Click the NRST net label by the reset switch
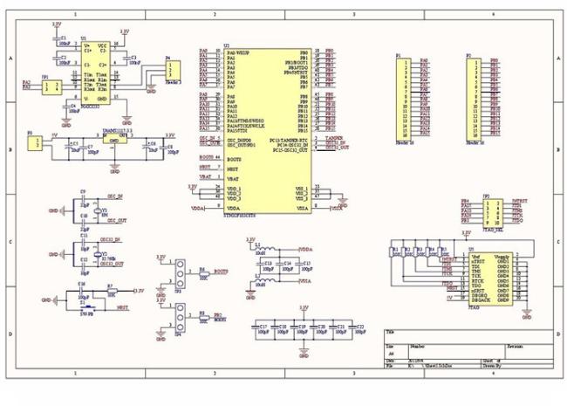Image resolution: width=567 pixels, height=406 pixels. [124, 308]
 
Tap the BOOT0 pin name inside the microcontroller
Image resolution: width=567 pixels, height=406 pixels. [234, 160]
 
